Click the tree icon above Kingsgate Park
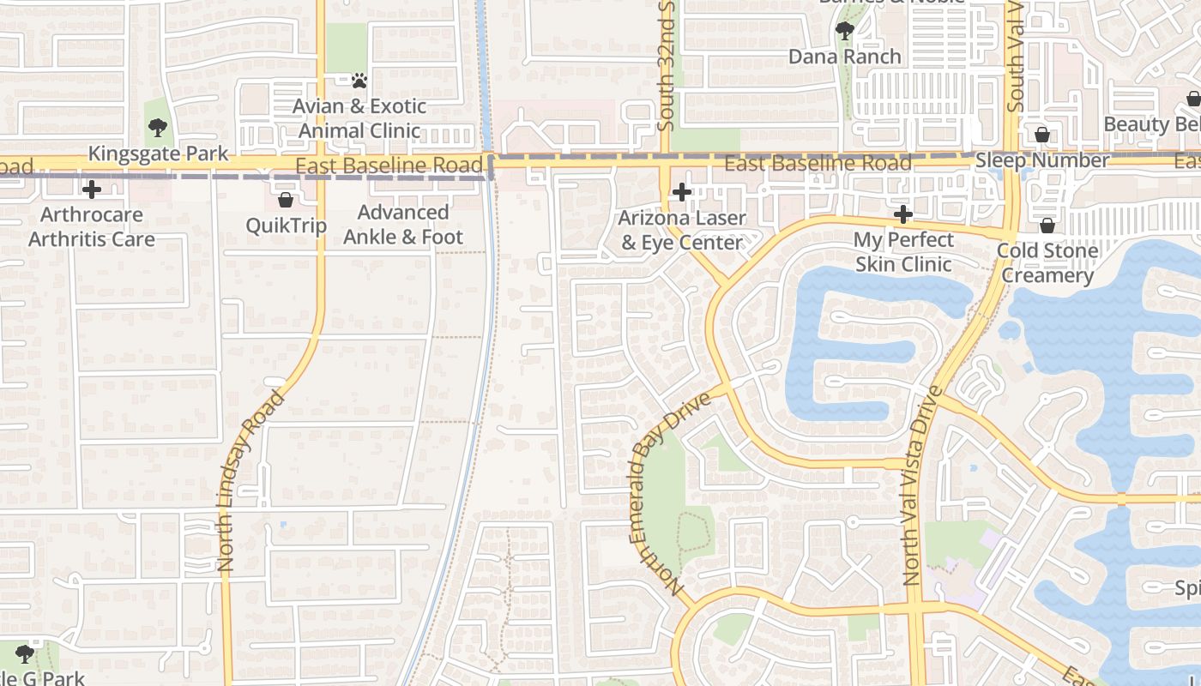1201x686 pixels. click(157, 129)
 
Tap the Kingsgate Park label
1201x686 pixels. click(159, 154)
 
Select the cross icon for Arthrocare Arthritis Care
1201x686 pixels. click(91, 190)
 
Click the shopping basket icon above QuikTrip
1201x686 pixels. click(286, 200)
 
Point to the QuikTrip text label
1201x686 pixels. click(286, 226)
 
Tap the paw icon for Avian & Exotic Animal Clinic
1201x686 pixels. click(359, 81)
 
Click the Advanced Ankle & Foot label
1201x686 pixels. click(403, 225)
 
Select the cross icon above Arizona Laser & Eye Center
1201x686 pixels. click(682, 192)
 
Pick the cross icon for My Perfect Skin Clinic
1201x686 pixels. click(902, 214)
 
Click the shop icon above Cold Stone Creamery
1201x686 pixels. click(1047, 226)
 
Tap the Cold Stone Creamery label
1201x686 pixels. click(1047, 263)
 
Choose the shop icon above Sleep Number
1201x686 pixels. click(1042, 135)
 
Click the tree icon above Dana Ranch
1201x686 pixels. click(845, 32)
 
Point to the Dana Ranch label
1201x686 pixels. click(845, 57)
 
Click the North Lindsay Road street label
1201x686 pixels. click(250, 480)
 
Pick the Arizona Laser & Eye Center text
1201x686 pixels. click(682, 231)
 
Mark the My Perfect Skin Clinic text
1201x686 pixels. click(903, 252)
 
